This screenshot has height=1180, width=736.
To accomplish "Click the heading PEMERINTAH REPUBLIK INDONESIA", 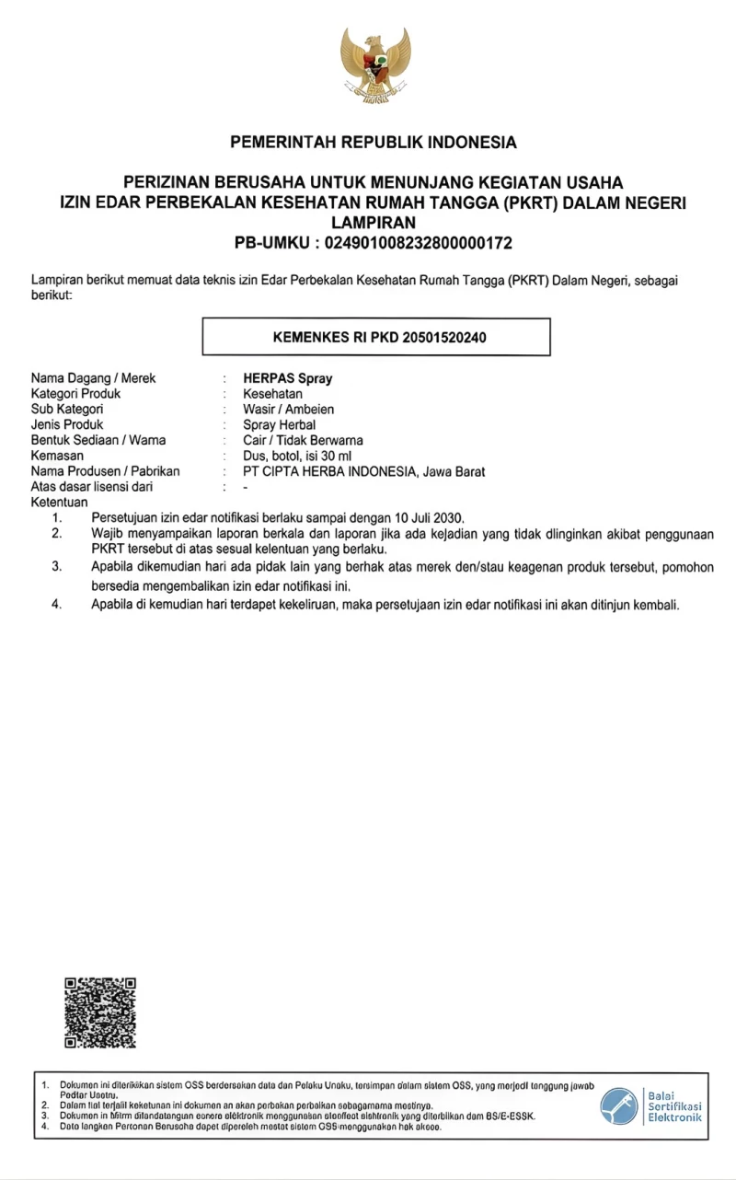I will click(x=374, y=143).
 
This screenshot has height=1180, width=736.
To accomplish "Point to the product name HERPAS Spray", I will click(x=288, y=378).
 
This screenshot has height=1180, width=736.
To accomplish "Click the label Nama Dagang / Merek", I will click(x=94, y=378).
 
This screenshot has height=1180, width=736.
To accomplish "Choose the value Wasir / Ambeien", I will click(x=289, y=410).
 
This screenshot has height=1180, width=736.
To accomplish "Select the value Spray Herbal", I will click(x=280, y=425).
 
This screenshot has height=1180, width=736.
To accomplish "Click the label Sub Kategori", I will click(x=67, y=410).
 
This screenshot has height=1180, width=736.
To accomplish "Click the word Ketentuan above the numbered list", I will click(x=60, y=503).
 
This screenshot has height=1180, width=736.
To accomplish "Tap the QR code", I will click(x=100, y=1012).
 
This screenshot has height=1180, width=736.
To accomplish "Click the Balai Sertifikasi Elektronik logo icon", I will click(x=619, y=1105).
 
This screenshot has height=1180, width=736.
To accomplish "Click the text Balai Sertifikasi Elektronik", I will click(x=674, y=1105).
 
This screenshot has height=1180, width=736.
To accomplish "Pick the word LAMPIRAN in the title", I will click(x=374, y=224).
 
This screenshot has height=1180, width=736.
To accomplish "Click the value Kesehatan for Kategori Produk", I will click(x=273, y=394).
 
